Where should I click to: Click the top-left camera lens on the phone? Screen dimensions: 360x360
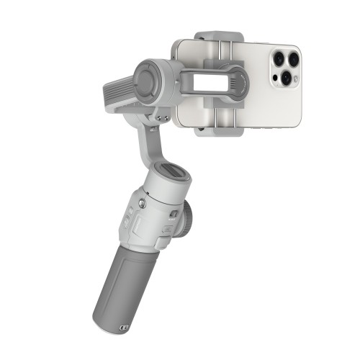pyautogui.click(x=278, y=58)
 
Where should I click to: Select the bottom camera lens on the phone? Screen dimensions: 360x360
pyautogui.click(x=286, y=76)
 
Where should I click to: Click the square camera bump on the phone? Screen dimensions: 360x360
pyautogui.click(x=286, y=67)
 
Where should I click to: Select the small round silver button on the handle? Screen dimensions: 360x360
pyautogui.click(x=143, y=204)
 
